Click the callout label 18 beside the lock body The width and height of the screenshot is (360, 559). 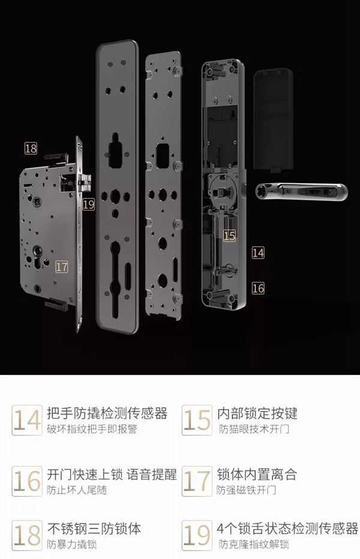tap(31, 148)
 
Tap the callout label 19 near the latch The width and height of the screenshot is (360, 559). tap(89, 204)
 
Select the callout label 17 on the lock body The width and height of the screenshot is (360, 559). tap(62, 266)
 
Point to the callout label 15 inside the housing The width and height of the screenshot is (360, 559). tap(229, 236)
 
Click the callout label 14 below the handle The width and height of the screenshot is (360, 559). tap(258, 253)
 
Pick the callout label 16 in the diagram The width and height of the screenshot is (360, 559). tap(258, 288)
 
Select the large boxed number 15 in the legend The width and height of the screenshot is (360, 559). tap(197, 420)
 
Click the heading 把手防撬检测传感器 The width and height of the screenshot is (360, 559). tap(107, 413)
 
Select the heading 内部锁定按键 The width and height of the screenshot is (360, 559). tap(257, 413)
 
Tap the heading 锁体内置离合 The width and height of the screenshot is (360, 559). tap(257, 474)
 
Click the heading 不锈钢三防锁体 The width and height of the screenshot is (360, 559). tap(94, 529)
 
